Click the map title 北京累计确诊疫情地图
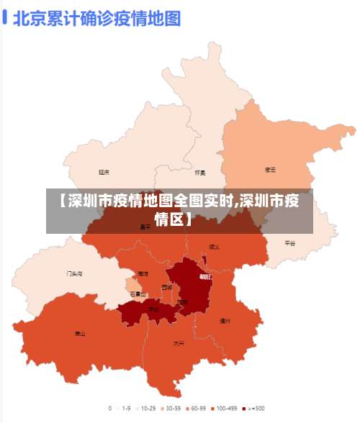click(96, 19)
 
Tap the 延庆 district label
click(104, 172)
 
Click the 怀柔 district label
click(200, 173)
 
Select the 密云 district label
click(271, 170)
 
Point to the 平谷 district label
click(289, 243)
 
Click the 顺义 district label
click(215, 246)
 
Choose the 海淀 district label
click(143, 273)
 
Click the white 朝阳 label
click(205, 276)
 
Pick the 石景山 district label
click(138, 294)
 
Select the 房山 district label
click(80, 334)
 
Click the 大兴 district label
click(179, 344)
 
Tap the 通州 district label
click(225, 321)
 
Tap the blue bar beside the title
click(6, 17)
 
